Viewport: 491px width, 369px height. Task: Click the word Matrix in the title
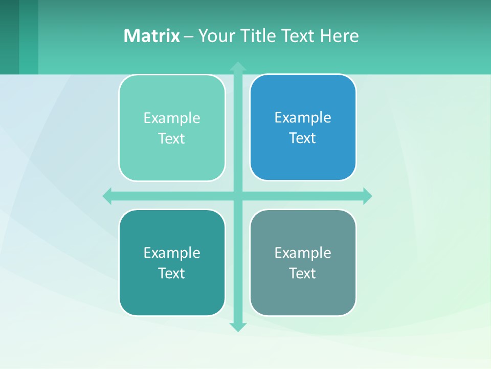pyautogui.click(x=151, y=36)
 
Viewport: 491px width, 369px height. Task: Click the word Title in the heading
pyautogui.click(x=259, y=36)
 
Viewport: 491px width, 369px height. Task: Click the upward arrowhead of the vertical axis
pyautogui.click(x=238, y=67)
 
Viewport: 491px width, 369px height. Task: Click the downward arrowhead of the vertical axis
pyautogui.click(x=238, y=326)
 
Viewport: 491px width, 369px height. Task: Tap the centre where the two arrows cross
pyautogui.click(x=238, y=196)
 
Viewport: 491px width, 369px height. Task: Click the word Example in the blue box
pyautogui.click(x=303, y=118)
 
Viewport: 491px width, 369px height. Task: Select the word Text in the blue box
pyautogui.click(x=303, y=138)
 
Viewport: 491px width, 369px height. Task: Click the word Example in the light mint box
pyautogui.click(x=172, y=118)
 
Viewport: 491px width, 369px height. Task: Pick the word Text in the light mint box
pyautogui.click(x=172, y=139)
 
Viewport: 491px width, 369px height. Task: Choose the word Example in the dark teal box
pyautogui.click(x=172, y=253)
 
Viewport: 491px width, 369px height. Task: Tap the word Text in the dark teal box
pyautogui.click(x=172, y=274)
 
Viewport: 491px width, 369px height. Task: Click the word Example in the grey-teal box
pyautogui.click(x=303, y=253)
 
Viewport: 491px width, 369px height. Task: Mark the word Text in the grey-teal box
pyautogui.click(x=303, y=274)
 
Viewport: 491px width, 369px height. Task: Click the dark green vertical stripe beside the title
pyautogui.click(x=9, y=37)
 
